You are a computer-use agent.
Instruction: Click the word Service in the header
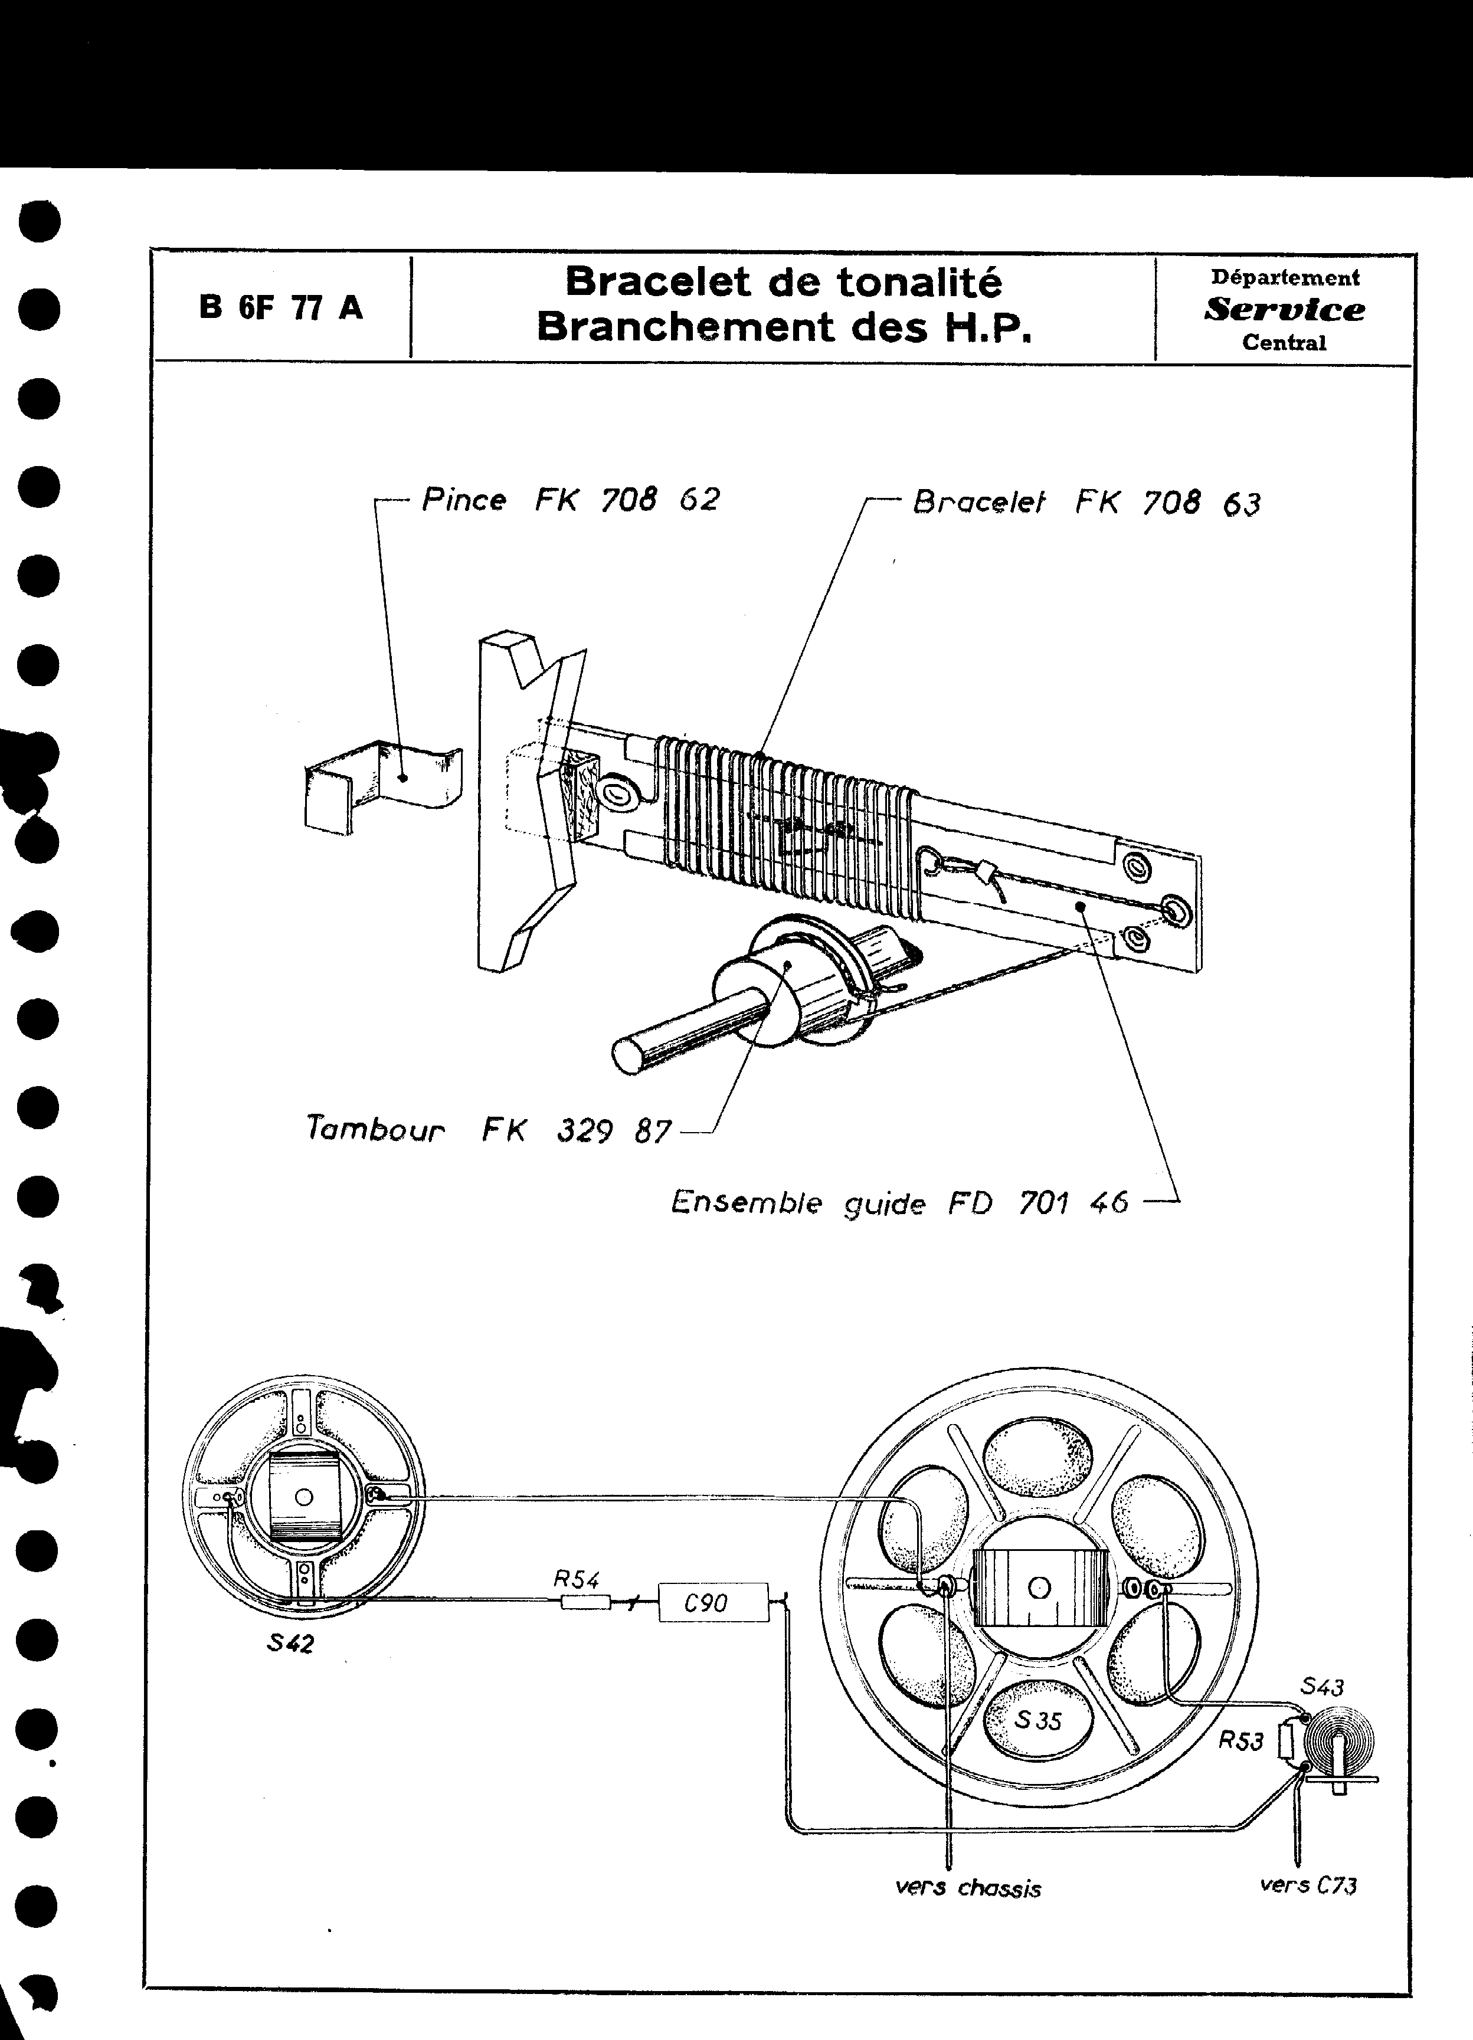click(x=1284, y=309)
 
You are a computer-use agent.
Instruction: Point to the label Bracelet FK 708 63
click(x=1086, y=503)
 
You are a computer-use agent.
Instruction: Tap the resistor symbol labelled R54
click(x=585, y=1602)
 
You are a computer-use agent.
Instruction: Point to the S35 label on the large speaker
click(x=1037, y=1720)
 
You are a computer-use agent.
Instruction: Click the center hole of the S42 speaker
click(x=304, y=1498)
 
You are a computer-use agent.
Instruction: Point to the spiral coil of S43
click(x=1338, y=1740)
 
